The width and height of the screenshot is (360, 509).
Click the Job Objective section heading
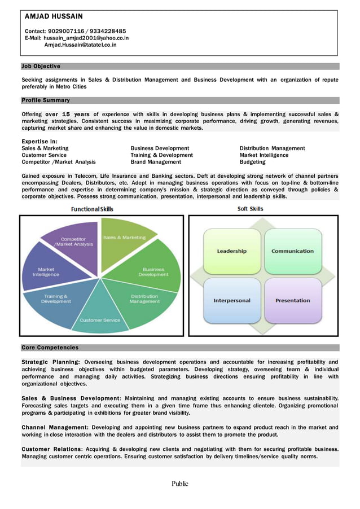[41, 67]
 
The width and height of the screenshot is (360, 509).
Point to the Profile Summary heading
[46, 100]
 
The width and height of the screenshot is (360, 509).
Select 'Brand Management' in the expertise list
[156, 162]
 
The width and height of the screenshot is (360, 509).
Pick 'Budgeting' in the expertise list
[252, 162]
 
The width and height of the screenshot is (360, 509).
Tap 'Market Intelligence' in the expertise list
[264, 155]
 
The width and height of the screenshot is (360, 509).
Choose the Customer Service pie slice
[100, 316]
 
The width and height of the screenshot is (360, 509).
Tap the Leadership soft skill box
[232, 251]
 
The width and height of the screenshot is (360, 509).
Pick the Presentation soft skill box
[292, 300]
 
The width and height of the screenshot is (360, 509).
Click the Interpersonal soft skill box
[231, 300]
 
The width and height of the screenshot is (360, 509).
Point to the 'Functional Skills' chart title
[91, 209]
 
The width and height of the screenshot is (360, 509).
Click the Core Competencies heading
[50, 348]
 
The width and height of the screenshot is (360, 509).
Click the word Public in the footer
[180, 484]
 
